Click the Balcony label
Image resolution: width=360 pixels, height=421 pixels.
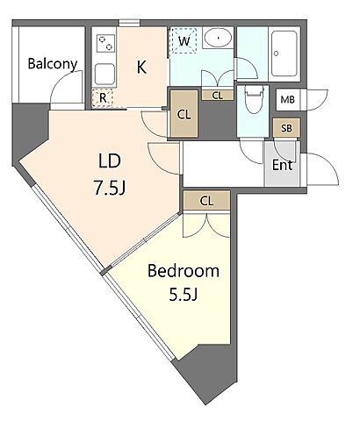tap(53, 64)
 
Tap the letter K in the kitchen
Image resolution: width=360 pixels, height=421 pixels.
tap(141, 67)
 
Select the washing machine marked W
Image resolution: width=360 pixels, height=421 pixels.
tap(184, 40)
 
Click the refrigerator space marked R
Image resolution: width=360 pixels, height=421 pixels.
tap(103, 98)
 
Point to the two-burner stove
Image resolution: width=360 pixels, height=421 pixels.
tap(105, 43)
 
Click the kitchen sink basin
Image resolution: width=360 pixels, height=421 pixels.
tap(104, 74)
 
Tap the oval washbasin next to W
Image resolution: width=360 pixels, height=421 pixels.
tap(218, 38)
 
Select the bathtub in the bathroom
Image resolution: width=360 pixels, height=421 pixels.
tap(284, 54)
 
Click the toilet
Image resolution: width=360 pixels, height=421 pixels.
tap(253, 100)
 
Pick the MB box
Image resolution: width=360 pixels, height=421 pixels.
tap(287, 100)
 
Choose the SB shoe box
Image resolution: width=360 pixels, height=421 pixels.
tap(286, 128)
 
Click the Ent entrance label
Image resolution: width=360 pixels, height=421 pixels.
tap(283, 165)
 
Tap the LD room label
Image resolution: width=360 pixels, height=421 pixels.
tap(110, 161)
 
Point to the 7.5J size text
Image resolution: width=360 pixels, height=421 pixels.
tap(109, 188)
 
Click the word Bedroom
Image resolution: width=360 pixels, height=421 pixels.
tap(184, 271)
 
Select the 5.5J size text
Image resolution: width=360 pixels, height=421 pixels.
tap(184, 295)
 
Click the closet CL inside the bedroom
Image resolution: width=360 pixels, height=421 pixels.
tap(206, 201)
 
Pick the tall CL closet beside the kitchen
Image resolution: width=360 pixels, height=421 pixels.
tap(184, 114)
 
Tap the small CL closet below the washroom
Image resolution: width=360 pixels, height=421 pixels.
tap(218, 96)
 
